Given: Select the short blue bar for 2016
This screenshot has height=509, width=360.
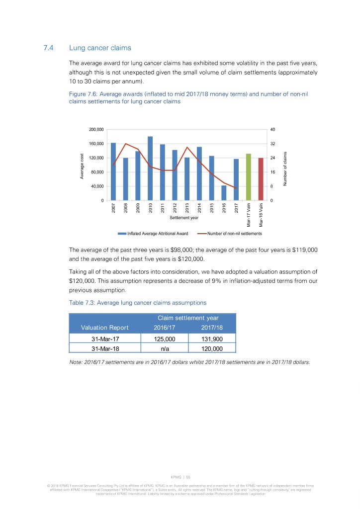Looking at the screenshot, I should pos(224,193).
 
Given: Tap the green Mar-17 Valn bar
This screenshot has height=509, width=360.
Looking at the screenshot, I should pos(248,177).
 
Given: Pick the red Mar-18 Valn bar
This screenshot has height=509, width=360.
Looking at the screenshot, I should pos(261,179).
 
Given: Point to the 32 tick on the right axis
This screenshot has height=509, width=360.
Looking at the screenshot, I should pos(272,144).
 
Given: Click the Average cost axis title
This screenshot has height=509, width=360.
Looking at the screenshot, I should pos(83,166).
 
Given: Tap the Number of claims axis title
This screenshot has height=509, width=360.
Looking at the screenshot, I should pos(286,169).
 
